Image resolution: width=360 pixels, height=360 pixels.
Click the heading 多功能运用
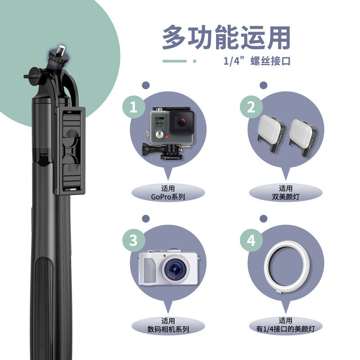tap(226, 38)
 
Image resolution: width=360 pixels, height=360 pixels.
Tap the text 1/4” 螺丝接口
tap(256, 61)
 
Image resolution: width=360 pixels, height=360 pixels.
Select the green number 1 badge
tap(133, 107)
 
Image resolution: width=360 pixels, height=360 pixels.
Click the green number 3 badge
tap(133, 240)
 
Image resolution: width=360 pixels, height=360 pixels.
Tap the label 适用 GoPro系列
tap(167, 193)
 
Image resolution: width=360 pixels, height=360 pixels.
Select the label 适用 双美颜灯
tap(286, 193)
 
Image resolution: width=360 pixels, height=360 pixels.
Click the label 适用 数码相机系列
tap(167, 325)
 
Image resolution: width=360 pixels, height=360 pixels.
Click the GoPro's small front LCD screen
tap(158, 121)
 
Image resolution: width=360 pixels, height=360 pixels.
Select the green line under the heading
tap(174, 61)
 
